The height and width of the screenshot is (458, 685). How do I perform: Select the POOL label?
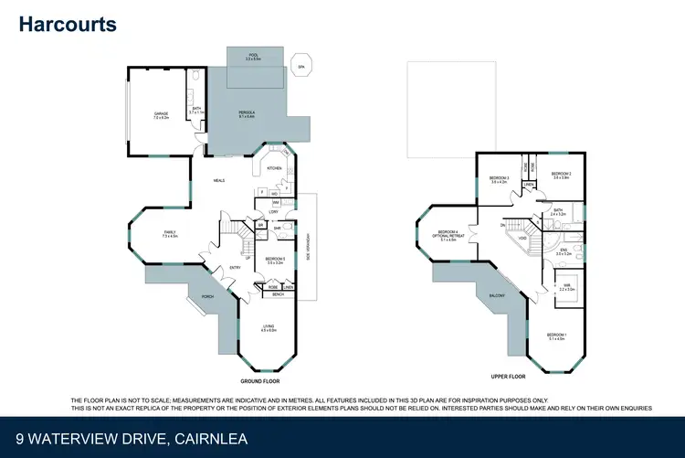click(x=254, y=57)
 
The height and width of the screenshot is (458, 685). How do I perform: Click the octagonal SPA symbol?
click(x=302, y=67)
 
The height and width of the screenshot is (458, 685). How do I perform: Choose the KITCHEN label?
click(x=274, y=169)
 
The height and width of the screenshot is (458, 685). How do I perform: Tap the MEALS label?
click(x=219, y=180)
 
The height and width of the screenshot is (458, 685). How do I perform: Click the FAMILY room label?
click(x=170, y=234)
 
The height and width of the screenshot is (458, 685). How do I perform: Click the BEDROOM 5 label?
click(x=274, y=261)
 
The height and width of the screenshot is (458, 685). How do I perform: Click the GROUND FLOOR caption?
click(x=259, y=380)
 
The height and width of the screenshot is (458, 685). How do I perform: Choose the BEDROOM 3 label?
click(x=499, y=178)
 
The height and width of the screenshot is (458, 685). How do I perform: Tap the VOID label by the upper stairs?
click(x=522, y=240)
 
